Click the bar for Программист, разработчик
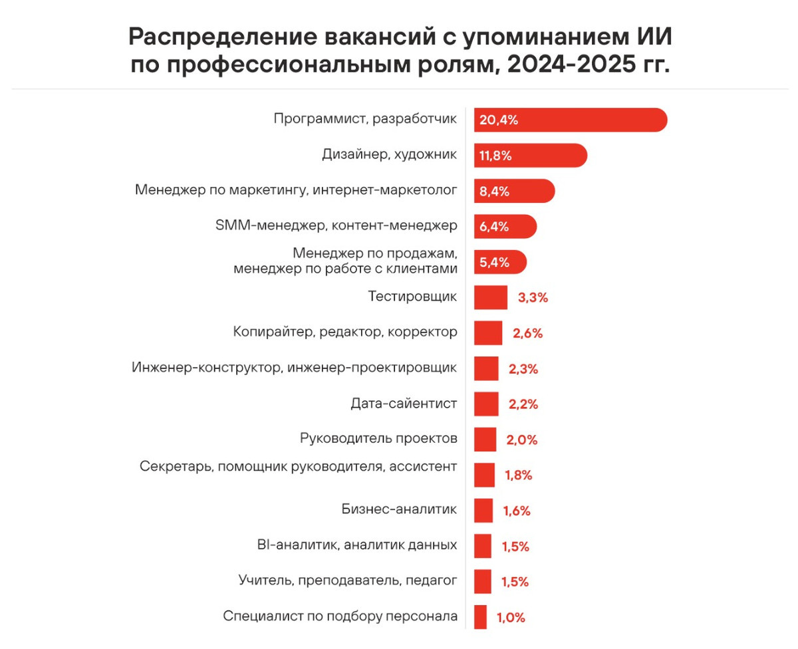tap(570, 120)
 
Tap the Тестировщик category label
tap(412, 297)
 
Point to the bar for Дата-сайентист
tap(486, 404)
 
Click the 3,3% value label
tap(533, 298)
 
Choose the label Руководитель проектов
tap(378, 439)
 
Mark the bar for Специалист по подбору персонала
tap(480, 616)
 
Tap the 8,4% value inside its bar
tap(494, 192)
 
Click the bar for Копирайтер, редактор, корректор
tap(488, 332)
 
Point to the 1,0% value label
tap(511, 618)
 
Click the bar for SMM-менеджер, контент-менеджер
tap(505, 226)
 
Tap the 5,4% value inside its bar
tap(494, 262)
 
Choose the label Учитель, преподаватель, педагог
tap(348, 581)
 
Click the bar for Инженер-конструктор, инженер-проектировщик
tap(486, 368)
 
